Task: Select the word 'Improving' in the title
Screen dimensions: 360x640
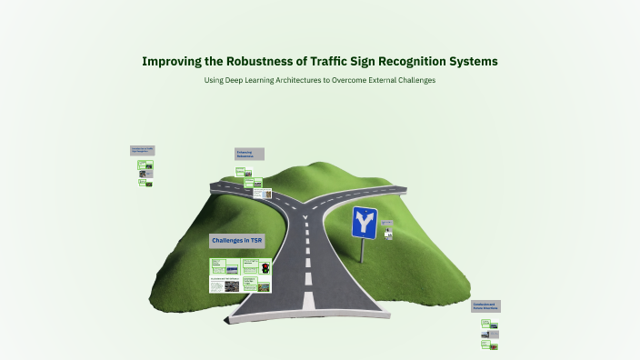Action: point(175,62)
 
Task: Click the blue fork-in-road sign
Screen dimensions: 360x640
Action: point(365,221)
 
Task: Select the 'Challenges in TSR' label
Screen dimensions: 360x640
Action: point(236,241)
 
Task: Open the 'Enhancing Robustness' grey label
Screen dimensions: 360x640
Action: point(249,154)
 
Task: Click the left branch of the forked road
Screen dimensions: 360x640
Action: point(245,187)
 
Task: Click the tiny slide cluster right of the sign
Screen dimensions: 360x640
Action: point(388,229)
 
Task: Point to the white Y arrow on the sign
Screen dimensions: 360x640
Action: point(365,220)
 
